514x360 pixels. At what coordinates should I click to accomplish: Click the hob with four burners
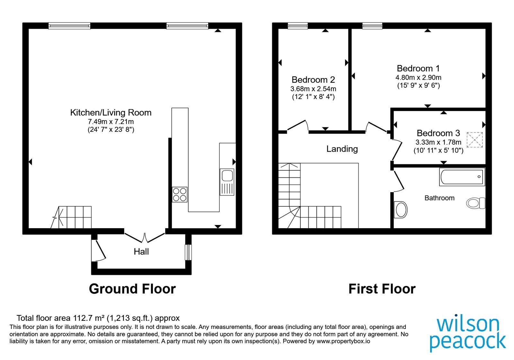coord(180,195)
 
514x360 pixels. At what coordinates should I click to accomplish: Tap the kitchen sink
coord(227,182)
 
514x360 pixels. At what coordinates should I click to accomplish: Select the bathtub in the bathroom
coord(462,177)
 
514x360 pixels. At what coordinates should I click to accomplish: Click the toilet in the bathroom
coord(476,203)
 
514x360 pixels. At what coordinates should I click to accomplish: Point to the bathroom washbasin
coord(401,210)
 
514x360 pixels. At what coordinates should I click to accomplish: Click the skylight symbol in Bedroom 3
coord(474,139)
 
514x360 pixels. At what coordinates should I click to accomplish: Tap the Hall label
coord(141,252)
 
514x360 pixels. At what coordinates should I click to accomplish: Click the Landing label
coord(342,149)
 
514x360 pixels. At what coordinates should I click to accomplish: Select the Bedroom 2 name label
coord(313,80)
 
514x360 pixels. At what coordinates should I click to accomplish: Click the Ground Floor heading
coord(132,289)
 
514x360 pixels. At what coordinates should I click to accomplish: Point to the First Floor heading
coord(382,289)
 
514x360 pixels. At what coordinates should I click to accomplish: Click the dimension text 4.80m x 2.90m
coord(418,77)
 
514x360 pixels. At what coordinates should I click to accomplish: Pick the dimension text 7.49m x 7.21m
coord(111,122)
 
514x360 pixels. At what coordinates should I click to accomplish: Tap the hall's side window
coord(188,252)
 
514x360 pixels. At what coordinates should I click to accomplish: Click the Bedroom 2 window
coord(297,26)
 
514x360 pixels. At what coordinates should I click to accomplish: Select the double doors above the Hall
coord(145,238)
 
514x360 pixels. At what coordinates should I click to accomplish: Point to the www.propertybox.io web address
coord(343,341)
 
